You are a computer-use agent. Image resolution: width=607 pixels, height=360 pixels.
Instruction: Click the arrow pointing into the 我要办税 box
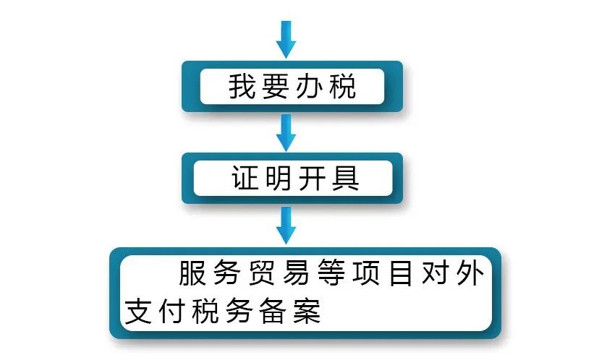point(286,40)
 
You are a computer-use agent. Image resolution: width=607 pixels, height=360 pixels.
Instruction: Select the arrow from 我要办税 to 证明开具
point(286,132)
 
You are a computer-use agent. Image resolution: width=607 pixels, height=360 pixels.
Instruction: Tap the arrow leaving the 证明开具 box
point(286,225)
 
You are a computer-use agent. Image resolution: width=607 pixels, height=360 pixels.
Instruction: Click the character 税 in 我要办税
point(343,86)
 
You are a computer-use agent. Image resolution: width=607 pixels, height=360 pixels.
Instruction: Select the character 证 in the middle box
point(245,178)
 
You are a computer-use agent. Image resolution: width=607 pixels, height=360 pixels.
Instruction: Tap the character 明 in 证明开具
point(279,178)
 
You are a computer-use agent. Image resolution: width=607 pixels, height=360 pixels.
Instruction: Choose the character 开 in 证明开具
point(312,178)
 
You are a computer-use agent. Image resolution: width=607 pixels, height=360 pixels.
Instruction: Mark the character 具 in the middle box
point(345,178)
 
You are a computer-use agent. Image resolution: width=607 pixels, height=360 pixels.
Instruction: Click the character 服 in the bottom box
point(192,273)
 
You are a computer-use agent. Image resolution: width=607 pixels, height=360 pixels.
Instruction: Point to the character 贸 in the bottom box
point(262,273)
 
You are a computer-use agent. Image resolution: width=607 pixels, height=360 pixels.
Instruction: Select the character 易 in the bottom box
point(297,273)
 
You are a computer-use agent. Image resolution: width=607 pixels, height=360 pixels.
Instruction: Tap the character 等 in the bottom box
point(331,273)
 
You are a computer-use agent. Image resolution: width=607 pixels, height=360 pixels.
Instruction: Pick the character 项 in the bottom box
point(366,273)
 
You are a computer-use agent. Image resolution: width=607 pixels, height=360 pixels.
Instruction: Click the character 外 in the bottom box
point(470,273)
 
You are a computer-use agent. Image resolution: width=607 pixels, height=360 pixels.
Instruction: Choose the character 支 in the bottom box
point(138,311)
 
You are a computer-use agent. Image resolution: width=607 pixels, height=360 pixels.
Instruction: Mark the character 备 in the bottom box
point(273,311)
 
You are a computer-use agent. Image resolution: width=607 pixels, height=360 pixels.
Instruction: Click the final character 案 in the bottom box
point(307,311)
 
